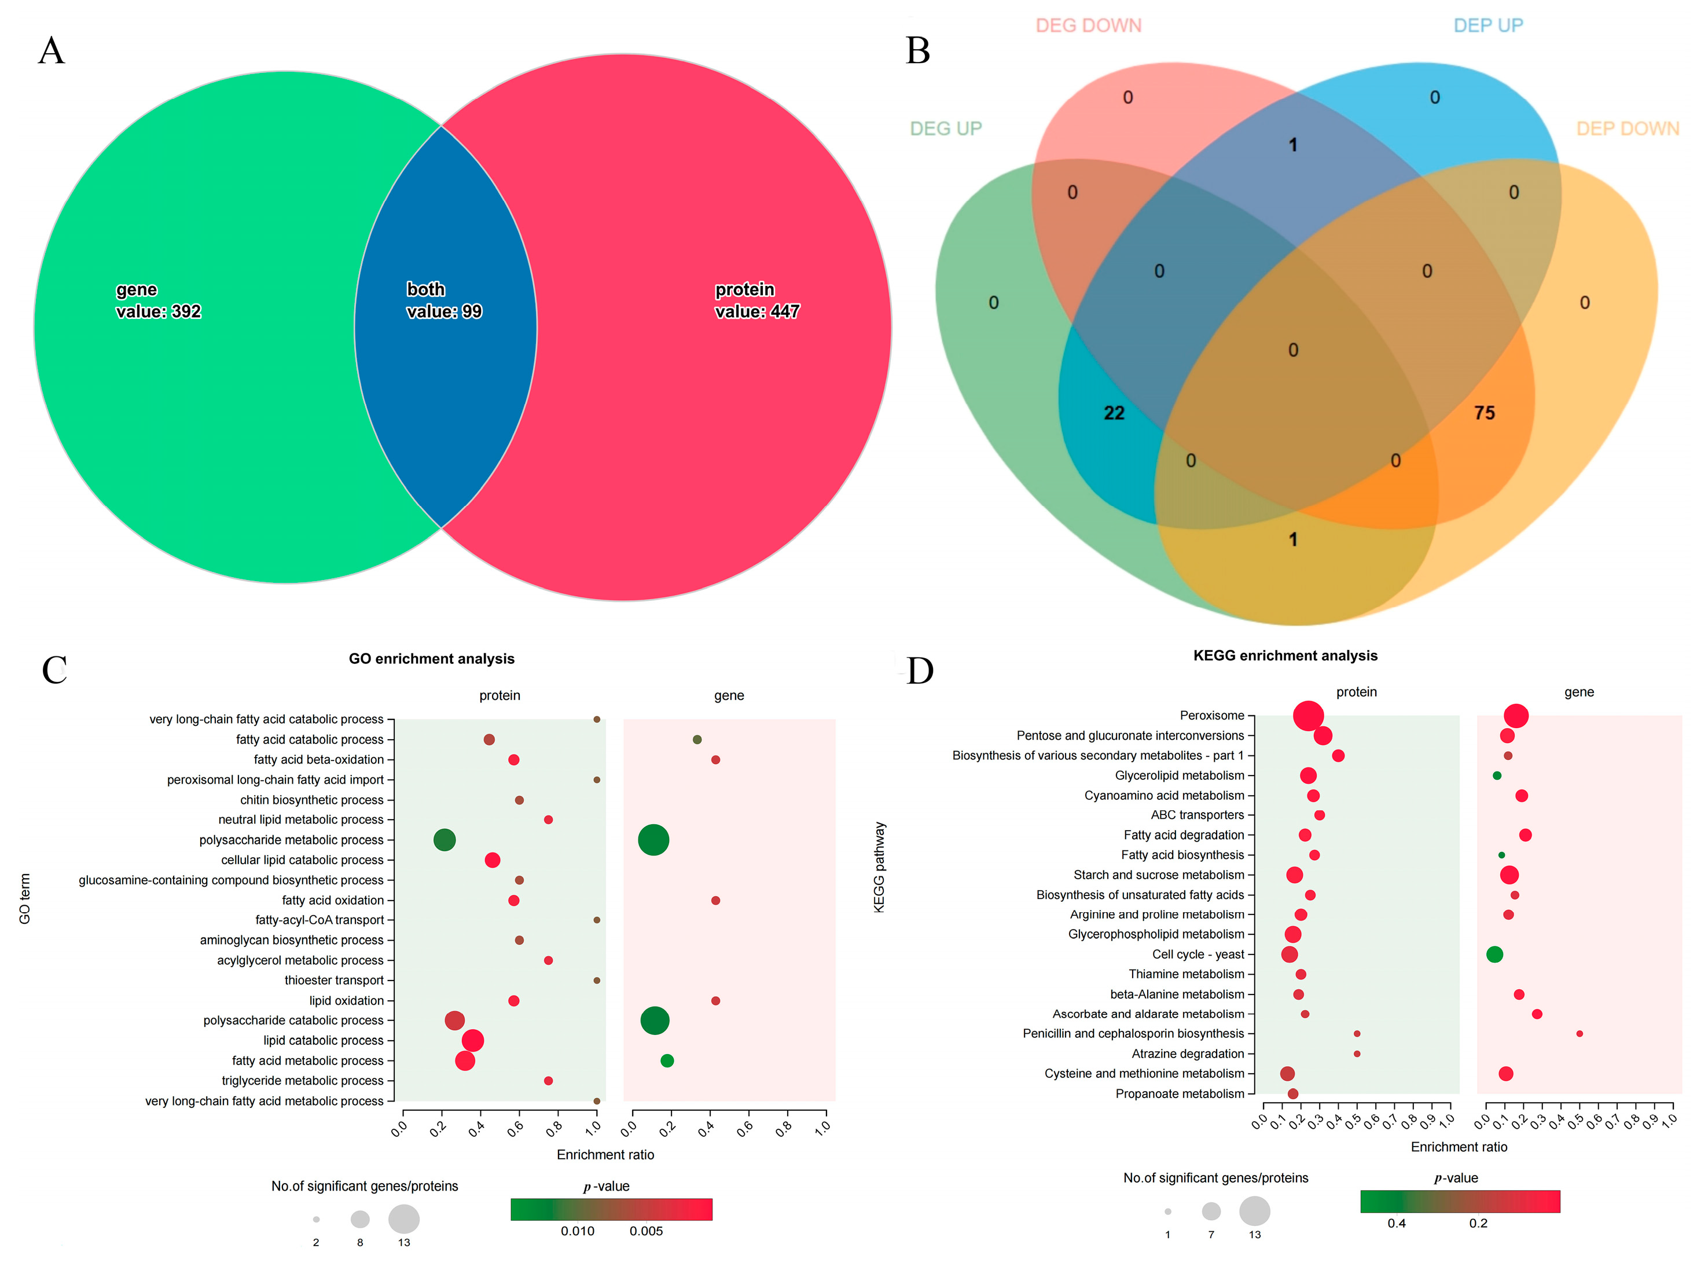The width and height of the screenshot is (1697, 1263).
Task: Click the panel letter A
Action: pyautogui.click(x=52, y=51)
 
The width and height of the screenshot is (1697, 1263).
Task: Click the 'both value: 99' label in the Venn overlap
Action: pyautogui.click(x=443, y=300)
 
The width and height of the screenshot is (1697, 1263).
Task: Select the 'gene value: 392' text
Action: pyautogui.click(x=158, y=300)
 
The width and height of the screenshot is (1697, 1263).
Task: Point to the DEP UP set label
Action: pyautogui.click(x=1487, y=26)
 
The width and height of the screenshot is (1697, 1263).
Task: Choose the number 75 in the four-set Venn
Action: pyautogui.click(x=1484, y=413)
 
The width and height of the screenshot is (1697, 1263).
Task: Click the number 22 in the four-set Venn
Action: pyautogui.click(x=1114, y=413)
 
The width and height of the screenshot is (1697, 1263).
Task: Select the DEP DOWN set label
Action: pyautogui.click(x=1628, y=128)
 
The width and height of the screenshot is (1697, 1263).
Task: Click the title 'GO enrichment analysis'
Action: pyautogui.click(x=431, y=659)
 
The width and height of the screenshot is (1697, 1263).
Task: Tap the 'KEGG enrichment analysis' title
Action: pyautogui.click(x=1285, y=656)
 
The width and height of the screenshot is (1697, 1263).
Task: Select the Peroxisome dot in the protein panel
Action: pyautogui.click(x=1308, y=715)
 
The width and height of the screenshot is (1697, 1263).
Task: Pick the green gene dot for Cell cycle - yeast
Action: pyautogui.click(x=1494, y=954)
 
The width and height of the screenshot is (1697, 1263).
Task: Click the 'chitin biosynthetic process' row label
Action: pyautogui.click(x=312, y=800)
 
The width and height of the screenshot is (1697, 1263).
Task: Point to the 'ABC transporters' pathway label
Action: pyautogui.click(x=1197, y=815)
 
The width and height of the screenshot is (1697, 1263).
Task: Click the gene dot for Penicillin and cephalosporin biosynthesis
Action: pyautogui.click(x=1580, y=1034)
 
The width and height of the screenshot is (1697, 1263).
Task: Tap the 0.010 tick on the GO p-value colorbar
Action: pyautogui.click(x=577, y=1231)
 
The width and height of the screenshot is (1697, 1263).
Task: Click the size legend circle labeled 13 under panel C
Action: pyautogui.click(x=403, y=1220)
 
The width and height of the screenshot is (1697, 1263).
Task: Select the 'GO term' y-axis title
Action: pyautogui.click(x=24, y=898)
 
